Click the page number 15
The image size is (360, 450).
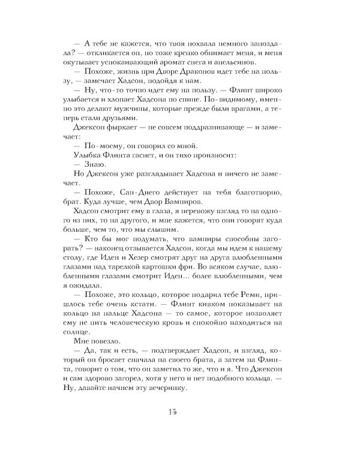[180, 412]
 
